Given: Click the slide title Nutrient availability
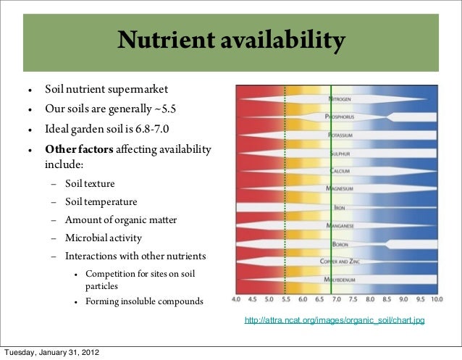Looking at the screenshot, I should coord(231,41).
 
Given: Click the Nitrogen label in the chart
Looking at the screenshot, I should coord(340,99).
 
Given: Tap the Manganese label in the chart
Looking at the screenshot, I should coord(339,225).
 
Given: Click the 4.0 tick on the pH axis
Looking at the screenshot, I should coord(236,298).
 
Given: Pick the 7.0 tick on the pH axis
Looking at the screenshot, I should coord(336,298).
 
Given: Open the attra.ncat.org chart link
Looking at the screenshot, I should coord(335,320).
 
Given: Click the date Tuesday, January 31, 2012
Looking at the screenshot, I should coord(53,353).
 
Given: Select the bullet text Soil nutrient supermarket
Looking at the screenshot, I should coord(106,91).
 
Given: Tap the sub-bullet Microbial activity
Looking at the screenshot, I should coord(104,238).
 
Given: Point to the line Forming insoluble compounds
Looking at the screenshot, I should coord(144,301).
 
